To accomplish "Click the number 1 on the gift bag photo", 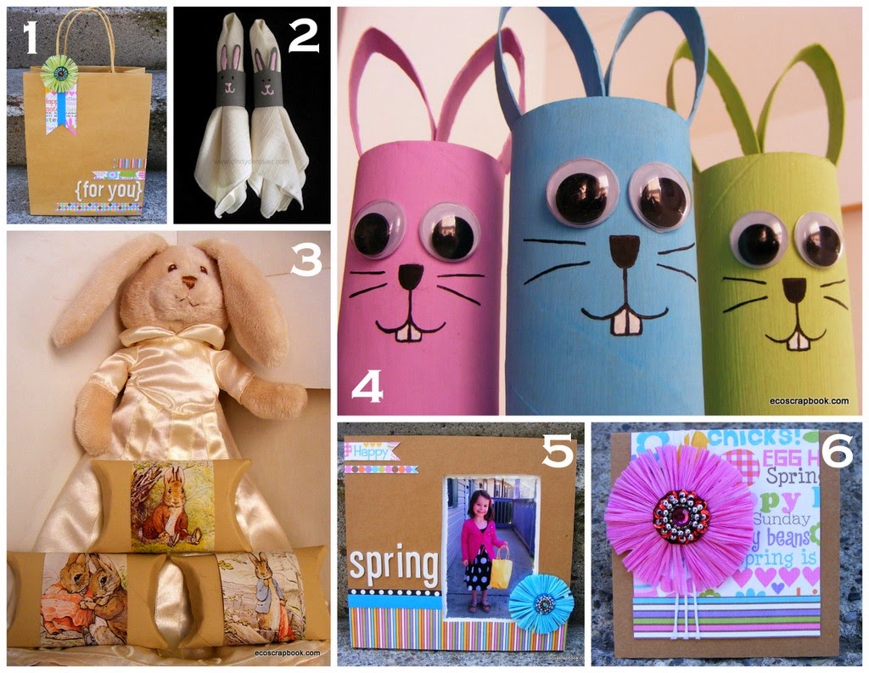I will click(31, 39).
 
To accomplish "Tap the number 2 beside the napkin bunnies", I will click(302, 37).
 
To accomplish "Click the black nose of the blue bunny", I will click(625, 251).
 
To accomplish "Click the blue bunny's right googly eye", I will click(659, 195).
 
